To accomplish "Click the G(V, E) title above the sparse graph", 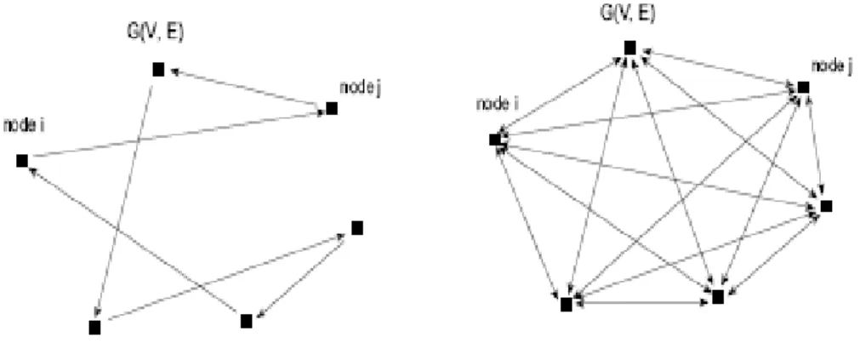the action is coord(155,33).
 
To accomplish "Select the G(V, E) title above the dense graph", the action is coord(629,13).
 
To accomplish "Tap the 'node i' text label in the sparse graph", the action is coord(24,126).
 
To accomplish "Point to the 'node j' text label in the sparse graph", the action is coord(360,87).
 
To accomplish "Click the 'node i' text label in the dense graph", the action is coord(497,104).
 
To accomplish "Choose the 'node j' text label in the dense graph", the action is coord(832,66).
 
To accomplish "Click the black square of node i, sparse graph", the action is coord(22,161).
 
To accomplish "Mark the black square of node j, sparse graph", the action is coord(331,108).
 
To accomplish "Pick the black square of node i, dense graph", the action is coord(495,140).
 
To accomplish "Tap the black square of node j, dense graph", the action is coord(804,88).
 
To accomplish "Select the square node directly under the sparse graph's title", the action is coord(158,70).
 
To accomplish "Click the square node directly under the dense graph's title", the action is coord(630,49).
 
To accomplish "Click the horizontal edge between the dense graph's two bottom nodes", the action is coord(641,302).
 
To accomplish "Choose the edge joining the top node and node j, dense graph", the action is coord(717,68).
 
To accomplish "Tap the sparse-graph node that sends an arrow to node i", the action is coord(247,321).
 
